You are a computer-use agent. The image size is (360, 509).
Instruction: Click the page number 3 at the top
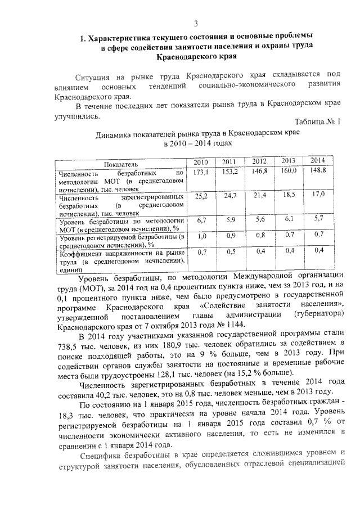tap(195, 23)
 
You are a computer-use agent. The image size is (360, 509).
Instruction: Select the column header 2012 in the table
tap(259, 162)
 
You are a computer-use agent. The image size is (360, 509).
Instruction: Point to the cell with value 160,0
tap(289, 170)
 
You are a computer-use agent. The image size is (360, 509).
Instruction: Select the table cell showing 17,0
tap(318, 194)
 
